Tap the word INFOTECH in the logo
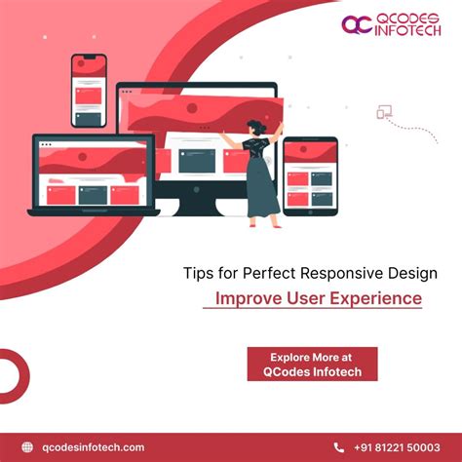(x=404, y=31)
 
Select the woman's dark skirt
(x=262, y=189)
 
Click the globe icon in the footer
(x=26, y=447)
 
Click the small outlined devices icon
(x=384, y=113)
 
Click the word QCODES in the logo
(x=404, y=17)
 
